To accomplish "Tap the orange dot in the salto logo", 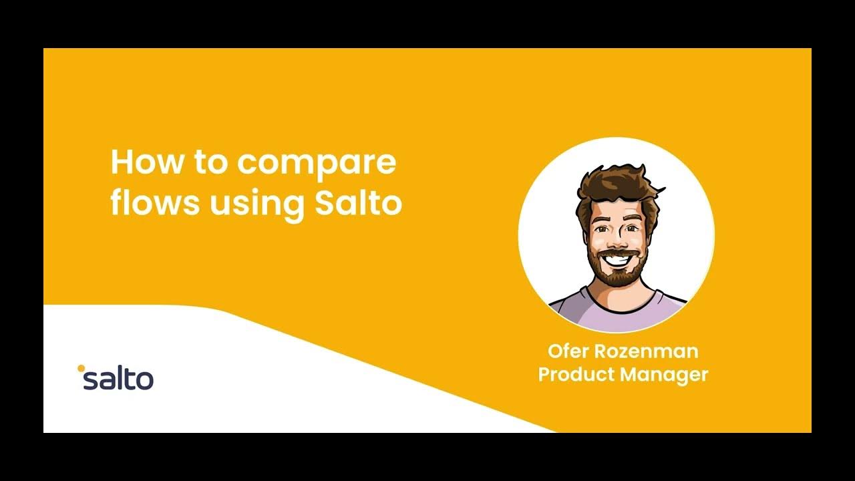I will [81, 367].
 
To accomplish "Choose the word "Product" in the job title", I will [576, 374].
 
